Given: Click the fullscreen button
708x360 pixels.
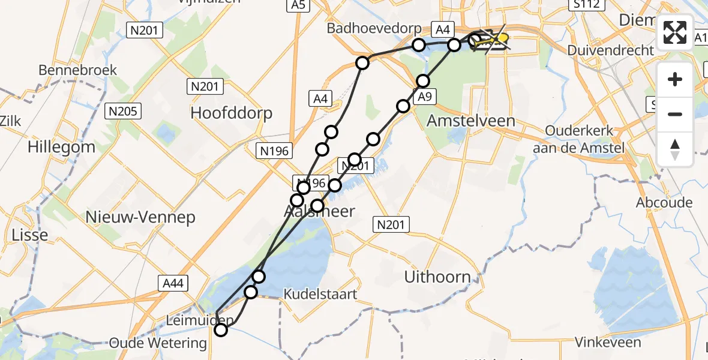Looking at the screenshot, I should [x=675, y=32].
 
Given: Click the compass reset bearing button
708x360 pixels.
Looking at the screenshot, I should [x=675, y=149].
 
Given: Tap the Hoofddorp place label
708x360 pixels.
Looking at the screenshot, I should [x=231, y=113].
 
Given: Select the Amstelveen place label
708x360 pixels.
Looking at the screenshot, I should [x=470, y=121].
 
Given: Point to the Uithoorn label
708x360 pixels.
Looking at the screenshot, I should [x=437, y=277].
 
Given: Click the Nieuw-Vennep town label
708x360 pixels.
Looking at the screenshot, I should [x=140, y=217].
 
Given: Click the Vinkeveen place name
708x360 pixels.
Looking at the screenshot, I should [x=607, y=343].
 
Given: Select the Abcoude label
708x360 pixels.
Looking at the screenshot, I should [x=664, y=203].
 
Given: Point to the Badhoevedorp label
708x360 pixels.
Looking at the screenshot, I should [x=368, y=28].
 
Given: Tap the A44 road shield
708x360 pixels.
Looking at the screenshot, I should [x=171, y=282].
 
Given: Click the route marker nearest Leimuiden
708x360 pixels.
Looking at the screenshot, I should [x=221, y=329].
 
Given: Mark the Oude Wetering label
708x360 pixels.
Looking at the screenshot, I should [x=158, y=343].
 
